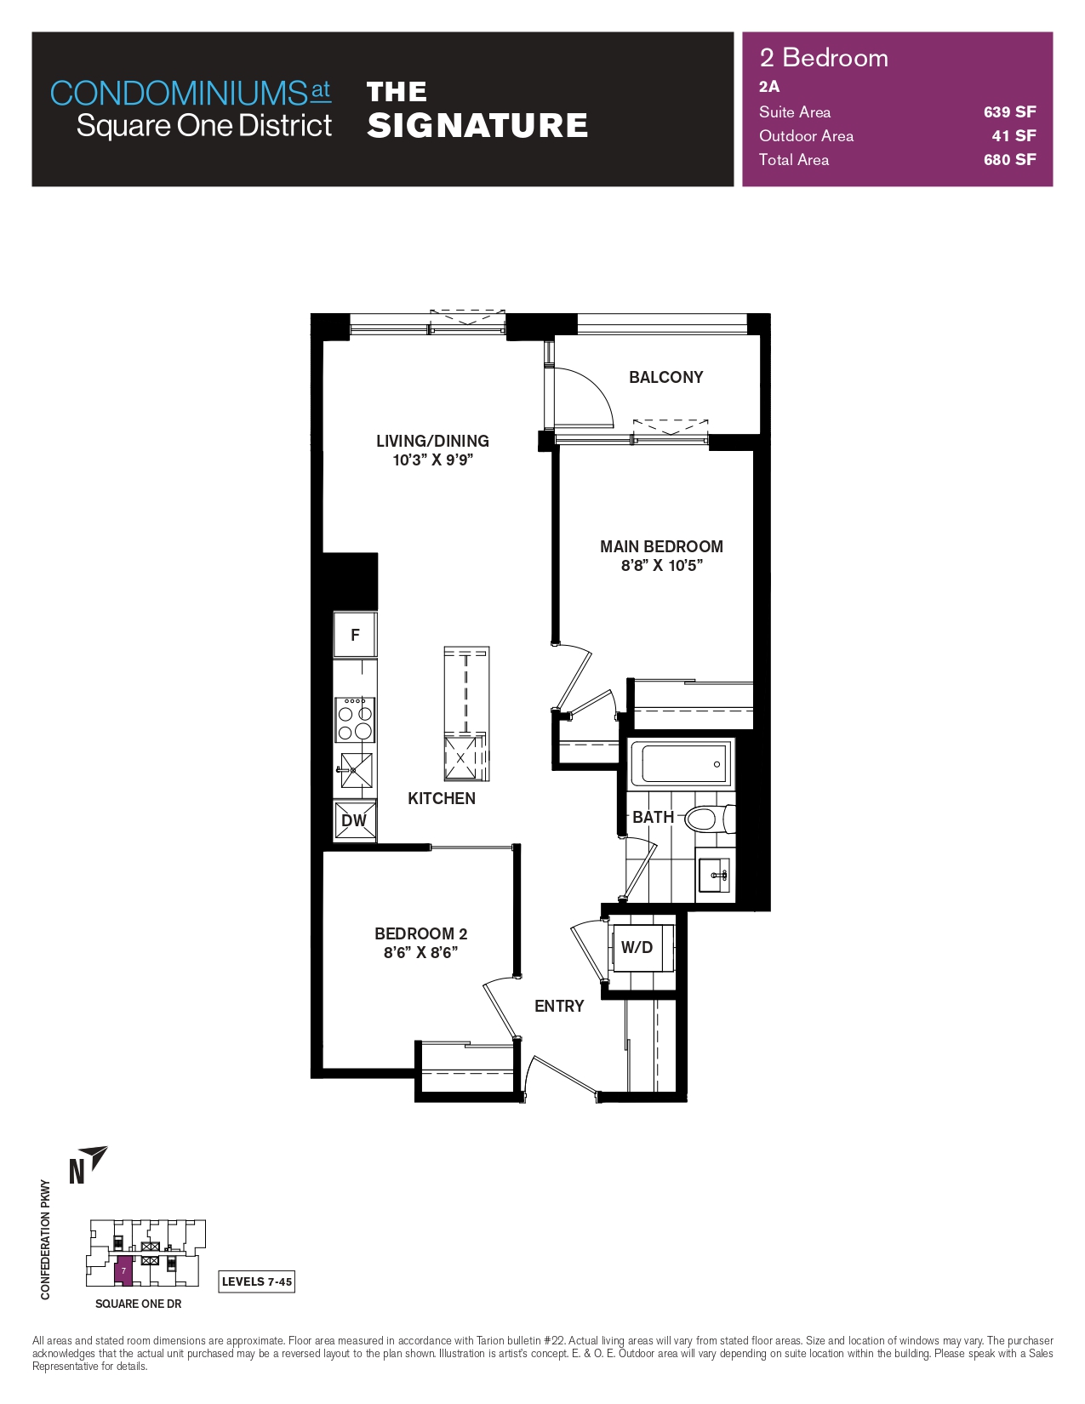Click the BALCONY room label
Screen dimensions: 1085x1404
point(665,377)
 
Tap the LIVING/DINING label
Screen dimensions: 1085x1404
point(432,442)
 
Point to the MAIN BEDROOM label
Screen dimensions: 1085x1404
point(661,546)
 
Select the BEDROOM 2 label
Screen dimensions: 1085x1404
point(420,933)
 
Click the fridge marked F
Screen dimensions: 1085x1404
point(355,635)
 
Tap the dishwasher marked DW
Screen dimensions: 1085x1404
point(354,820)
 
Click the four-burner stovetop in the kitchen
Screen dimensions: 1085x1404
point(355,720)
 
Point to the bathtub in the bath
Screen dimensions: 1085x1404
point(681,764)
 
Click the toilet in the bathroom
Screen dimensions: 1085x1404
point(711,819)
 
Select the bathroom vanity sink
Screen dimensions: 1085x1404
point(716,876)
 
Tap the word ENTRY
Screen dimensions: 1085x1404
point(559,1006)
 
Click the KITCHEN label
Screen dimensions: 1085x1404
point(442,799)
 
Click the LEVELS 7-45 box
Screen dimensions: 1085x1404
point(256,1281)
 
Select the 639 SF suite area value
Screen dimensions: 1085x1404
point(1009,111)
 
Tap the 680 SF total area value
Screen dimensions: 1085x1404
point(1009,160)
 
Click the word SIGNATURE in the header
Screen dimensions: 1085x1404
point(477,125)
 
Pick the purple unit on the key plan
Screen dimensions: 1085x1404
point(123,1270)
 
